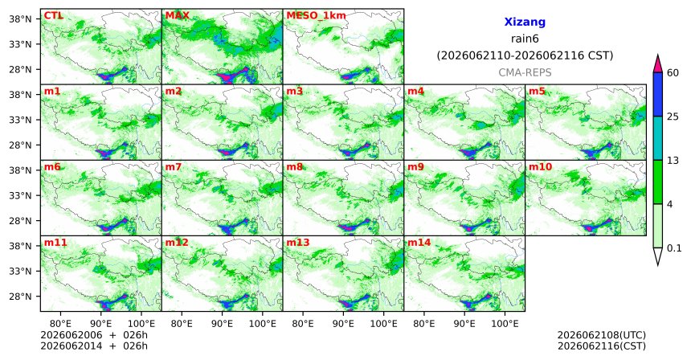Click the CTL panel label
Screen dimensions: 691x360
click(x=53, y=16)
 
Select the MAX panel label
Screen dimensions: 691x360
click(x=177, y=16)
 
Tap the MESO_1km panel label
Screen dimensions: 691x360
click(x=316, y=16)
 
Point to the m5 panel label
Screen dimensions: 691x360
click(x=537, y=92)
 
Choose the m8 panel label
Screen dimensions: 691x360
click(x=294, y=167)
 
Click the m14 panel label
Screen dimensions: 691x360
click(x=419, y=243)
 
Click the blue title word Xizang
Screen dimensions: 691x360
click(x=525, y=22)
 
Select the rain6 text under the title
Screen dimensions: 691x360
click(x=525, y=39)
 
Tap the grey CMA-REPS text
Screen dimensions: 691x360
click(x=525, y=72)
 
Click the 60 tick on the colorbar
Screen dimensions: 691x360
click(x=673, y=73)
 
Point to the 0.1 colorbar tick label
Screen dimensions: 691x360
click(x=674, y=248)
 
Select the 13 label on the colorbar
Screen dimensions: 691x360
click(x=673, y=161)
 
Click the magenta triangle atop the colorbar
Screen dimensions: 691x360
click(x=658, y=64)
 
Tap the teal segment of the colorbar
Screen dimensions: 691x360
click(x=658, y=138)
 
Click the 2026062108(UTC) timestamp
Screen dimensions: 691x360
click(x=602, y=336)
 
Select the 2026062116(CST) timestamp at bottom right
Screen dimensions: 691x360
click(x=602, y=346)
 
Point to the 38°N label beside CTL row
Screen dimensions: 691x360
click(x=21, y=19)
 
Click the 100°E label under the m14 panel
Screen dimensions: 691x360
click(x=505, y=325)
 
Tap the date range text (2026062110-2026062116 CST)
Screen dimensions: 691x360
click(x=525, y=56)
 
